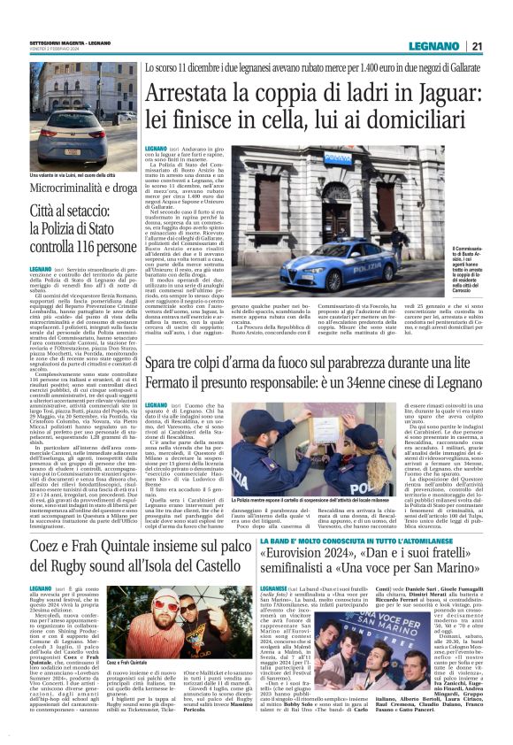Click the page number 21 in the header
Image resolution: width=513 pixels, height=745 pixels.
pyautogui.click(x=476, y=47)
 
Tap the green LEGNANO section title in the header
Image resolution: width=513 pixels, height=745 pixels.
pyautogui.click(x=434, y=47)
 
